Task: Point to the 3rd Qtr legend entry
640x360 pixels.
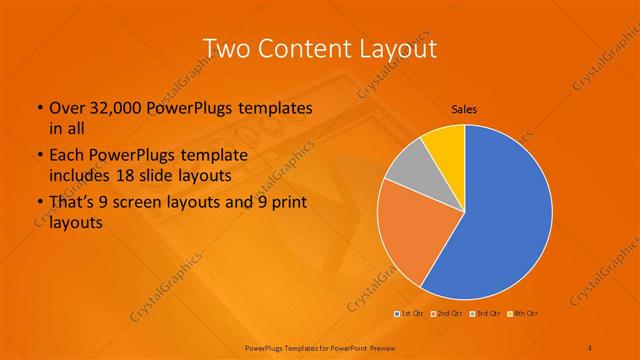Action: [488, 315]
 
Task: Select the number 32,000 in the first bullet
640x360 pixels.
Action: [113, 108]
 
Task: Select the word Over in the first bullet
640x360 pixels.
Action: [66, 108]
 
